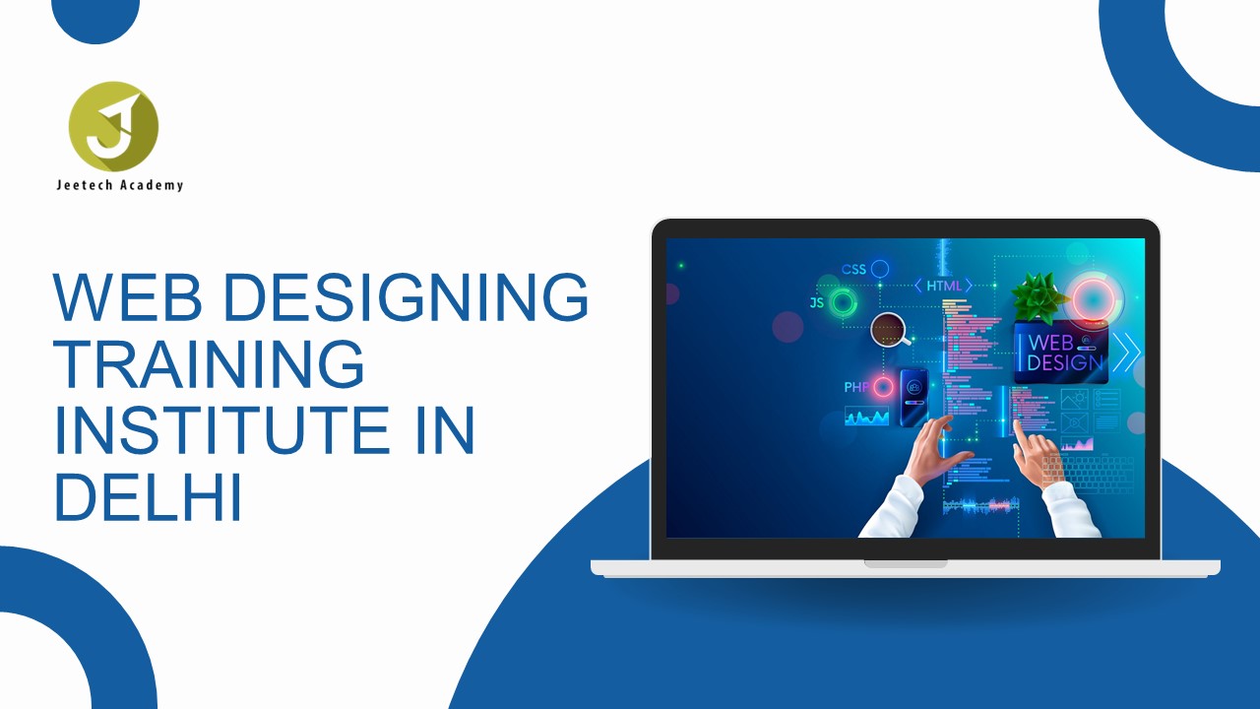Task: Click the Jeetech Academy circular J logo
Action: [113, 127]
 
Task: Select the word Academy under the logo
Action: [152, 185]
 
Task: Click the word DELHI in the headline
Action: [149, 497]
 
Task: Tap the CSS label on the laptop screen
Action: [853, 270]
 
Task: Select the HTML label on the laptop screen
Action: [944, 286]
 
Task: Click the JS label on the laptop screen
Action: [817, 302]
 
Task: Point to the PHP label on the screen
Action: [856, 387]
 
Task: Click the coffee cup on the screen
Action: [890, 330]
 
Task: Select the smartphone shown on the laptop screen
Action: [913, 398]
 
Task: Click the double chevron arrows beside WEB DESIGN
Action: [1127, 353]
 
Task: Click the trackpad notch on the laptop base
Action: [906, 563]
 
